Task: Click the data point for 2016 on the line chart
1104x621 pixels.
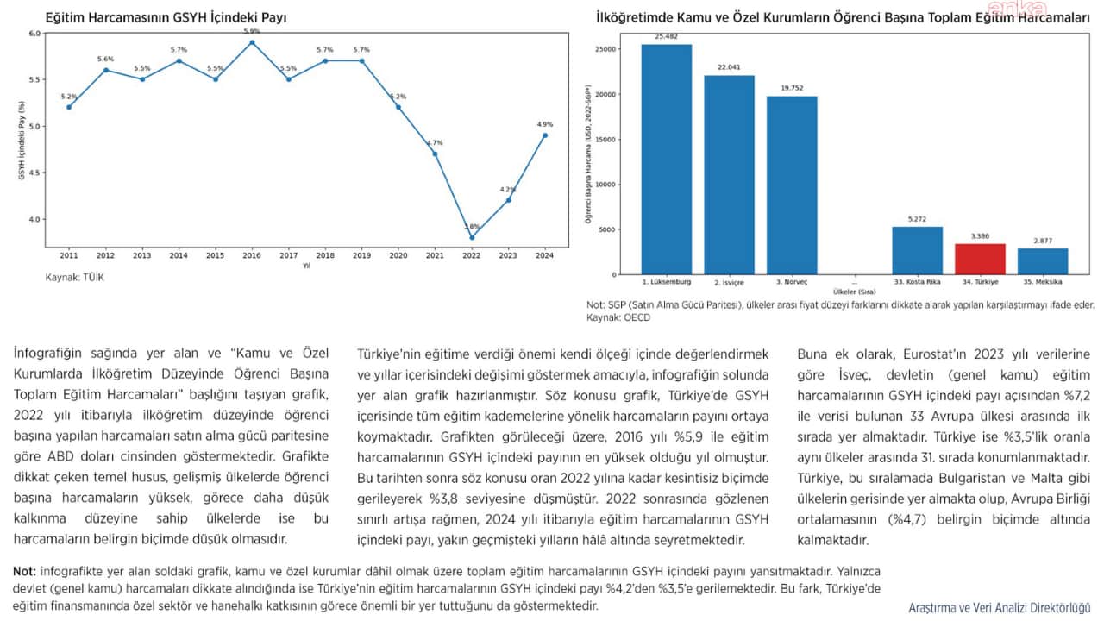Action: point(252,42)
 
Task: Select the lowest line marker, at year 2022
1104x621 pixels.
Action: point(472,237)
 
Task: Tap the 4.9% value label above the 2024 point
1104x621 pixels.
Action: point(544,124)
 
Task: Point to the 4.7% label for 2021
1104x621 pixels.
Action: point(435,143)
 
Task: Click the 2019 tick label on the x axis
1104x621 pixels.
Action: point(361,256)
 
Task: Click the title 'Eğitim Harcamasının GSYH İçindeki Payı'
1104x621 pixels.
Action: point(166,17)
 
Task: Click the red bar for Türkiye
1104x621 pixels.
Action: point(980,259)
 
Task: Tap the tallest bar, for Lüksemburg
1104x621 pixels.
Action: point(666,160)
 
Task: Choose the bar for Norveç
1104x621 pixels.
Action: point(792,185)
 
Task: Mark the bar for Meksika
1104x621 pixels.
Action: point(1043,261)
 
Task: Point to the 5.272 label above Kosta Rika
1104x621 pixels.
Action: point(917,220)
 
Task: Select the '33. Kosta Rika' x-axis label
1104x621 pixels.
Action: point(917,282)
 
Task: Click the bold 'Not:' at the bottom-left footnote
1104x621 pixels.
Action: point(26,571)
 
